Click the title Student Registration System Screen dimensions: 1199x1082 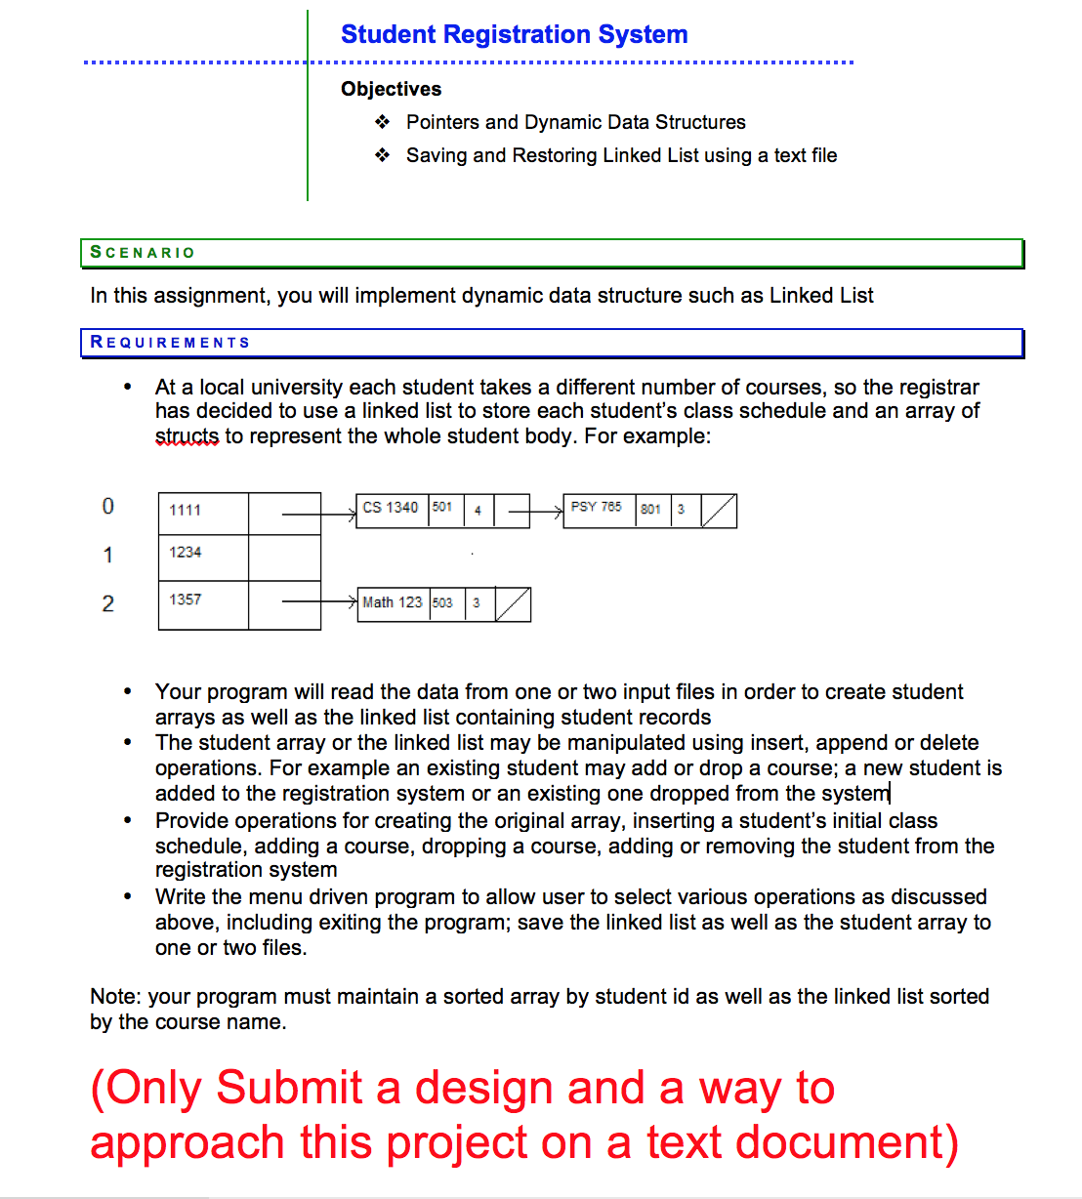[514, 35]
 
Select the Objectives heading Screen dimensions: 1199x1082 [391, 89]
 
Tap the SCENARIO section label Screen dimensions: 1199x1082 [143, 253]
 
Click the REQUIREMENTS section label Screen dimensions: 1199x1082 [170, 343]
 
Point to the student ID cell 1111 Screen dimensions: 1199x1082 [186, 510]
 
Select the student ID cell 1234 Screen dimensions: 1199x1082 [186, 553]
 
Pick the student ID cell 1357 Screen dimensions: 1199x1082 [186, 599]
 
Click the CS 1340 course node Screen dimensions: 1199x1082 [391, 508]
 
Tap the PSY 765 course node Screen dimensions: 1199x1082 [597, 508]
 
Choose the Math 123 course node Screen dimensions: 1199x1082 [393, 602]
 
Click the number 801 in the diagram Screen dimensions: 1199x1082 [651, 509]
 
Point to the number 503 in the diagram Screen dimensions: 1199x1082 [443, 603]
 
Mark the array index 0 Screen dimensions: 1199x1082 [108, 506]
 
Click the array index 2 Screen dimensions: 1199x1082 [108, 603]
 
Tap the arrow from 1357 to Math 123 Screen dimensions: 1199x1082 [318, 602]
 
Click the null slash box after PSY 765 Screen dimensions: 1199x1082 [719, 511]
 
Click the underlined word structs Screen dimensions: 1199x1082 [187, 436]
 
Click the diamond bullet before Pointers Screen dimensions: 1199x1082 [383, 122]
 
